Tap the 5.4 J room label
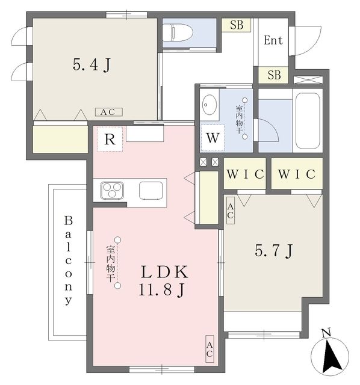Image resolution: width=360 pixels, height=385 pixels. coord(91,65)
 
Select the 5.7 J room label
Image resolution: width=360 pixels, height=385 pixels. coord(273,251)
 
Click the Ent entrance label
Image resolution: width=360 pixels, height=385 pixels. coord(273,41)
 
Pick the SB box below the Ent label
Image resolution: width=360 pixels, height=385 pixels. coord(274,75)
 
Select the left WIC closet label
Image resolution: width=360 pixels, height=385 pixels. coord(245,174)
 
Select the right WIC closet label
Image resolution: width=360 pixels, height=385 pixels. coord(296,174)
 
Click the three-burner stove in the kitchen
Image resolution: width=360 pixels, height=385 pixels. coord(112,191)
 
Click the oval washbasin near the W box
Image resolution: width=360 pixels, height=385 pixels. coord(209,105)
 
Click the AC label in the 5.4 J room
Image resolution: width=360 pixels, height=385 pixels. coord(108,112)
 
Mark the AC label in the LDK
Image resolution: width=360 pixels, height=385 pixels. coord(209,348)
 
